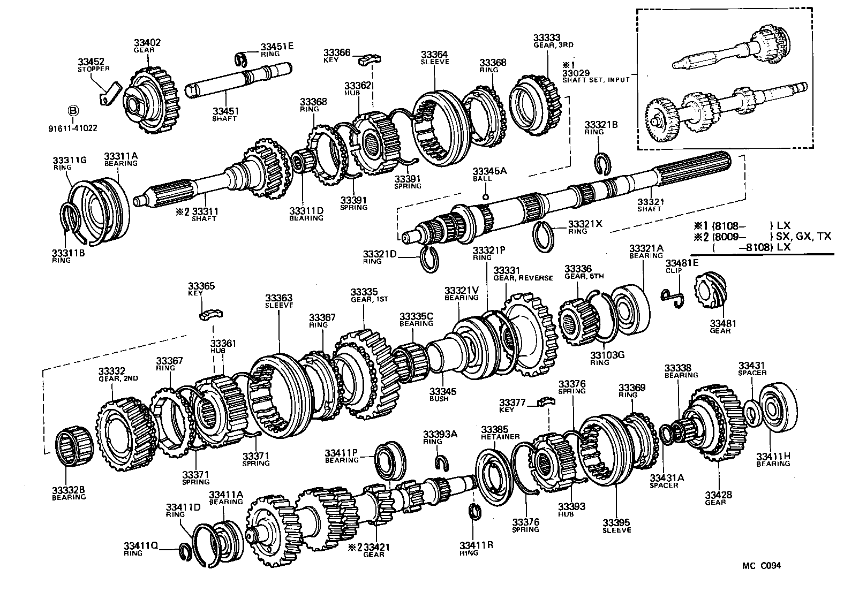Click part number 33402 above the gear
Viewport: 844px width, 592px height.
pos(147,42)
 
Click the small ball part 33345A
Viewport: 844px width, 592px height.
pos(485,196)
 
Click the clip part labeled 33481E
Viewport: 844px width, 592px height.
pos(672,298)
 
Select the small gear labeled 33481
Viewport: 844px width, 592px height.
pos(709,291)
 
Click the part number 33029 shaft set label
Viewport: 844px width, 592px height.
pos(575,72)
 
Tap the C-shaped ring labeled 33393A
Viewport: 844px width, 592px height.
pos(440,461)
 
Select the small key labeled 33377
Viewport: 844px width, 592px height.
pos(545,401)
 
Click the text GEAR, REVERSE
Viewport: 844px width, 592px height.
pos(523,278)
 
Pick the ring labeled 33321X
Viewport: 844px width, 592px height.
pos(545,235)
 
